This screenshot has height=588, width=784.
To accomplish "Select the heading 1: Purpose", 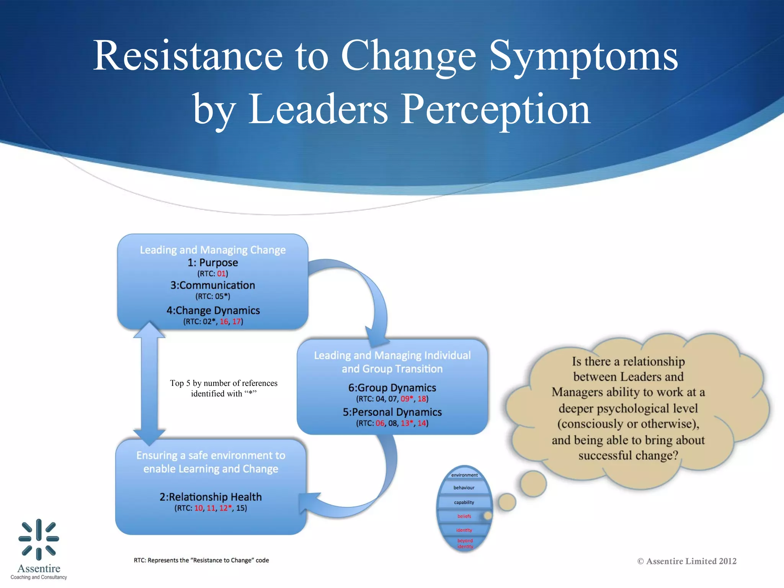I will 212,263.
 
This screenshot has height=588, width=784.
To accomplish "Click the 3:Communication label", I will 212,285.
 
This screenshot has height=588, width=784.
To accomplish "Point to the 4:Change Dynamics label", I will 213,310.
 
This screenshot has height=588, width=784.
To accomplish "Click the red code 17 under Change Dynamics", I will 237,322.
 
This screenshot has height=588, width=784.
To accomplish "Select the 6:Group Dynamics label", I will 392,388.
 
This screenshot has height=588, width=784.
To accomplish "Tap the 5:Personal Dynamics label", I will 392,412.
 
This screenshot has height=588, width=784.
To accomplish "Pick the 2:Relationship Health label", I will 211,497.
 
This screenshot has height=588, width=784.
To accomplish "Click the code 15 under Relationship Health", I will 241,508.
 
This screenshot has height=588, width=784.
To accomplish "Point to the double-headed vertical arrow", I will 149,383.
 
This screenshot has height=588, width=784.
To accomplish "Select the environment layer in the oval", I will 464,475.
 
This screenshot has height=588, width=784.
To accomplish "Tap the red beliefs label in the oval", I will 464,516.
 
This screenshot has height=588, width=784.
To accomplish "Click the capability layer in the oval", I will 464,502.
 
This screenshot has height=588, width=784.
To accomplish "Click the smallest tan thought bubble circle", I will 488,516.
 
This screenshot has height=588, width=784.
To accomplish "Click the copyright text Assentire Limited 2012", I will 687,561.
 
